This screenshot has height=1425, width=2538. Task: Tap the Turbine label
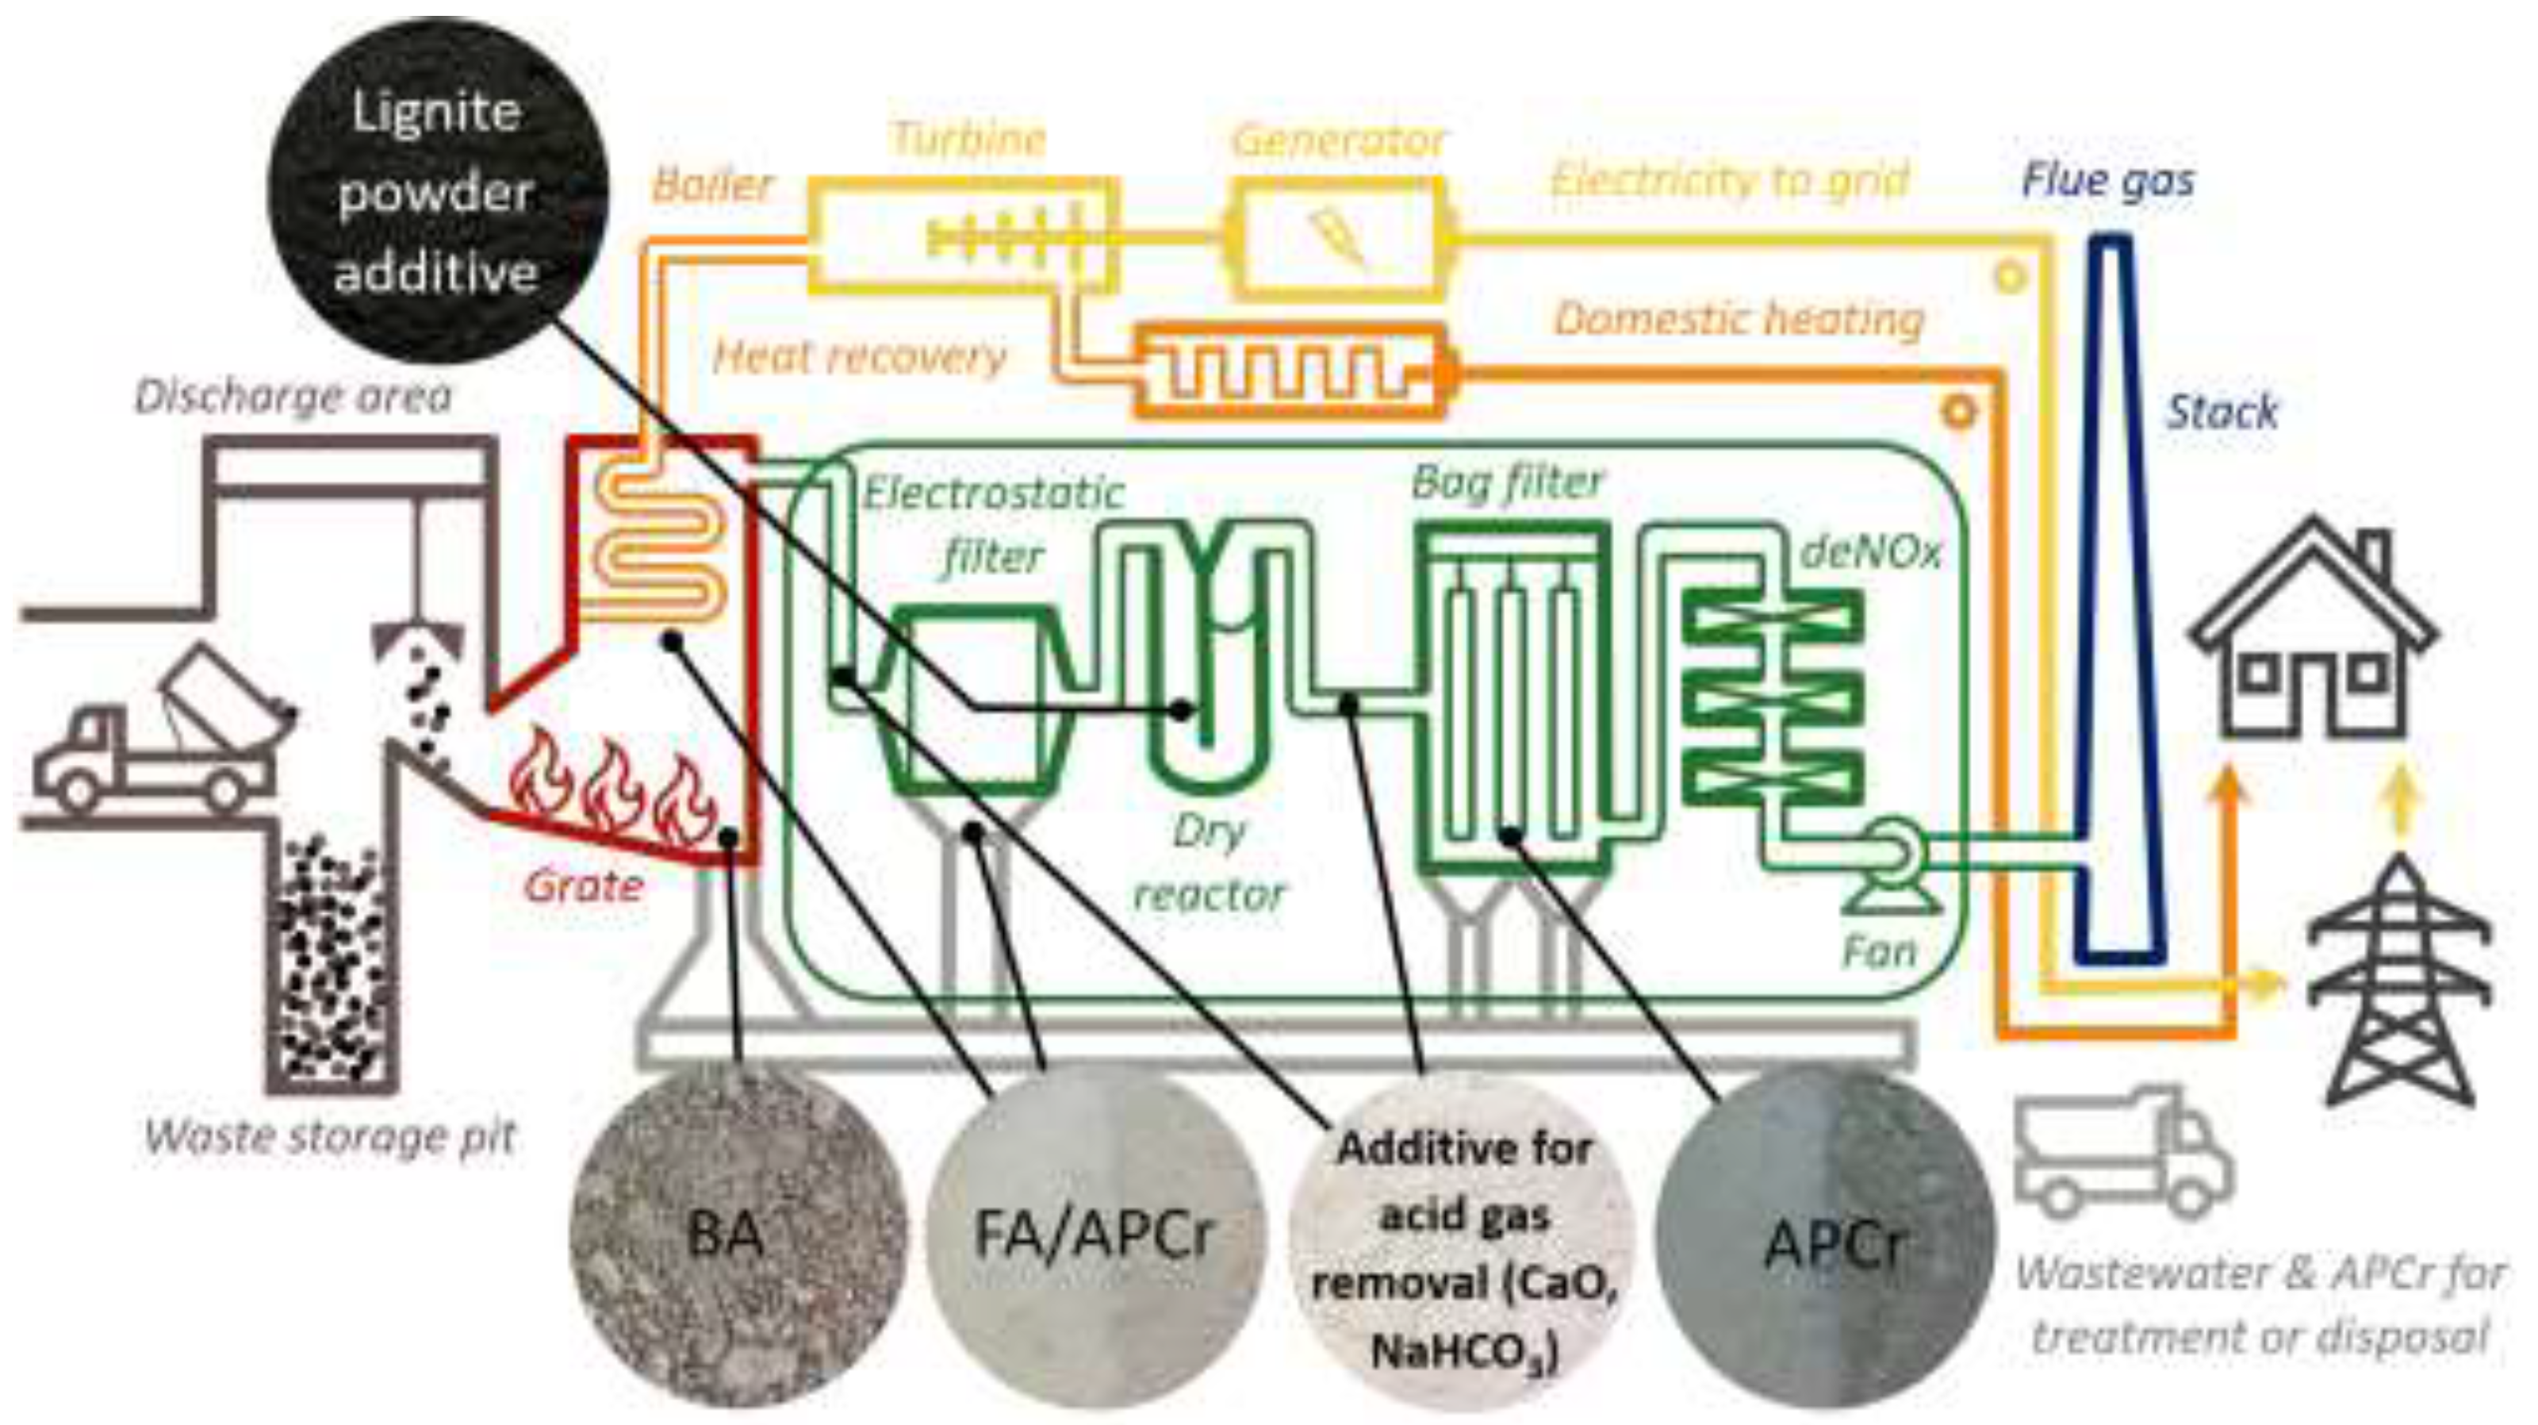968,139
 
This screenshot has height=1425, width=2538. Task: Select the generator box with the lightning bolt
1338,237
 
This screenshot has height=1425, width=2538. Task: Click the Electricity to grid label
1729,180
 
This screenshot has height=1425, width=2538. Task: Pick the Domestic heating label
1739,319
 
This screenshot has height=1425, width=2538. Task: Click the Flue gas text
2107,180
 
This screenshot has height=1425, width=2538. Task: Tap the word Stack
2221,411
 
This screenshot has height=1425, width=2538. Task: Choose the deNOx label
1870,553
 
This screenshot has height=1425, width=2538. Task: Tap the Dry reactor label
1210,863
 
